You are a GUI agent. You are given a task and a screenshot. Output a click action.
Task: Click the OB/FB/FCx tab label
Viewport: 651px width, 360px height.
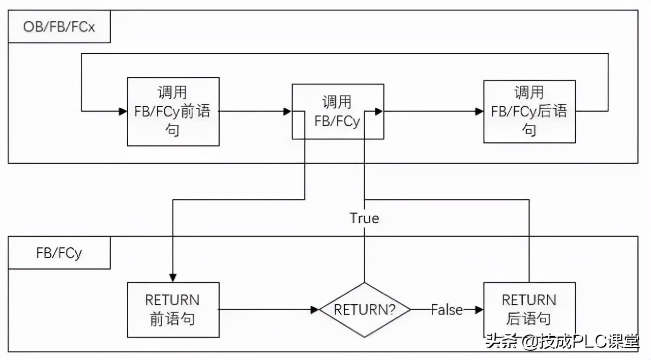(59, 26)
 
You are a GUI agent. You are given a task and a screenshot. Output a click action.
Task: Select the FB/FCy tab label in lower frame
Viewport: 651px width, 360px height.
(59, 253)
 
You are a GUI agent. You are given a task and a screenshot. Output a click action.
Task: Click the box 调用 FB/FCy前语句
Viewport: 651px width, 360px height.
(173, 111)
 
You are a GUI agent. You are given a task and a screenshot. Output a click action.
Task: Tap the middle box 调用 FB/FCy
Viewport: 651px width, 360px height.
(337, 111)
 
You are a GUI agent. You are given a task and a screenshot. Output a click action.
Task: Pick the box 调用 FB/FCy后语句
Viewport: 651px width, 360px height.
(529, 111)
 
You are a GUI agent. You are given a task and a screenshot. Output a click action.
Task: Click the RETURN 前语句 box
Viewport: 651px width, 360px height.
(173, 310)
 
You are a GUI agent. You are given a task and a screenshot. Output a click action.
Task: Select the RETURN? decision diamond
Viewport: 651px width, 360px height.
(364, 310)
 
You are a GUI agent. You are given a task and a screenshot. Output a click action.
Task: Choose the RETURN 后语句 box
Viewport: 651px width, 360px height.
(529, 310)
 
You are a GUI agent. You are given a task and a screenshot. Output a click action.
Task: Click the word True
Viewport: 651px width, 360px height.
(364, 218)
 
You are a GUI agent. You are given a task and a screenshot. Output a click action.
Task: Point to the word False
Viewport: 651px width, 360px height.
(447, 310)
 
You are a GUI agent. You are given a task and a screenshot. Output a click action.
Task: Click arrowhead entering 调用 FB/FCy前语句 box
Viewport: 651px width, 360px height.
(123, 111)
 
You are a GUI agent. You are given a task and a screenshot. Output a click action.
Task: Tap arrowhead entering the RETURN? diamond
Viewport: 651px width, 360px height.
(315, 310)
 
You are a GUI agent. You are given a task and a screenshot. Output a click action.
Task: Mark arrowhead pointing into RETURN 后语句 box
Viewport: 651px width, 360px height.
(479, 310)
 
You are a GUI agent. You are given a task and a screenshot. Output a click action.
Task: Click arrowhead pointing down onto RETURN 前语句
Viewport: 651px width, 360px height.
(173, 278)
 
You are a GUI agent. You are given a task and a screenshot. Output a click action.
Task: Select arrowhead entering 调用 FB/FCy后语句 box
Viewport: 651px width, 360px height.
(479, 111)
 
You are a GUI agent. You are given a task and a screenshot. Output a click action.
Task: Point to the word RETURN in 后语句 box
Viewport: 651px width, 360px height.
(529, 300)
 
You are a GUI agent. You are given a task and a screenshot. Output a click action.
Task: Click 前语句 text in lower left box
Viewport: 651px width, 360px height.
(173, 319)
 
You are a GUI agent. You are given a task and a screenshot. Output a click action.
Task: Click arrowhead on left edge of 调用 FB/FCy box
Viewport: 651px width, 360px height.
(288, 111)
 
